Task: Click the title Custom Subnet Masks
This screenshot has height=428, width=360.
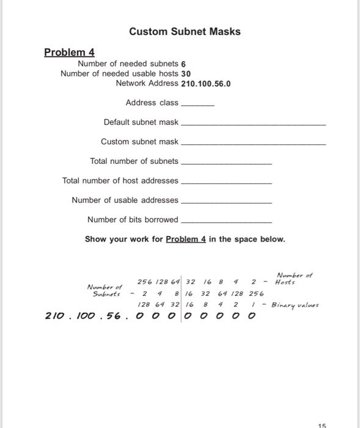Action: [x=185, y=31]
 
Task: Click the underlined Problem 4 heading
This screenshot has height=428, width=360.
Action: [x=69, y=52]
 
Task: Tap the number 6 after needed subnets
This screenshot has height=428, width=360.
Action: [x=183, y=64]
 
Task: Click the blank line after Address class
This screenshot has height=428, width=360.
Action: [x=199, y=104]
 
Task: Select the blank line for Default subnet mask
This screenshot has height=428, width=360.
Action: [x=254, y=124]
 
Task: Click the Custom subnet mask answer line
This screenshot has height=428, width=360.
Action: [x=254, y=143]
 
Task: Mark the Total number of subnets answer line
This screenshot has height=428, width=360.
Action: [x=227, y=163]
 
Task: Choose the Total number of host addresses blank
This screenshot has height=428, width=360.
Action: [x=227, y=182]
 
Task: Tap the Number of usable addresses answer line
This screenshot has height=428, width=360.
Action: [x=227, y=202]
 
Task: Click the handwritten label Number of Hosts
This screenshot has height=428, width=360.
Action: [x=294, y=279]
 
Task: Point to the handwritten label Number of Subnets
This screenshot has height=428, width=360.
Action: [x=105, y=289]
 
